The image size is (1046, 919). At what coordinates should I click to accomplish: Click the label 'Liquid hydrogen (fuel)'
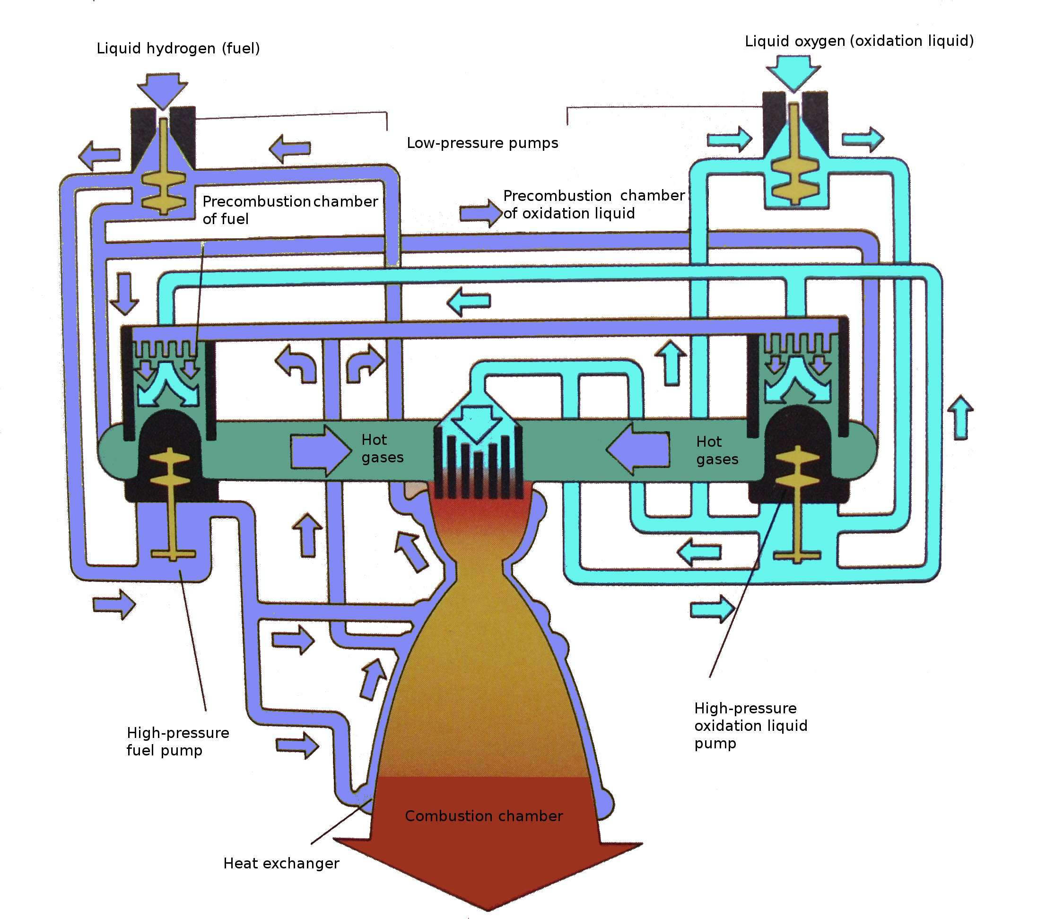[x=178, y=48]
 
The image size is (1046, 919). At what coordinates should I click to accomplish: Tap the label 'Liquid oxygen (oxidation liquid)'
[x=859, y=41]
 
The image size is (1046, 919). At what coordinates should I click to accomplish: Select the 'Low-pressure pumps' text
[x=482, y=143]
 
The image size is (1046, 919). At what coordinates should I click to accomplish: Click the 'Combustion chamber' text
[x=484, y=815]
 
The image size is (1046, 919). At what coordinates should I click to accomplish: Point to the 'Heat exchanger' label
[x=281, y=864]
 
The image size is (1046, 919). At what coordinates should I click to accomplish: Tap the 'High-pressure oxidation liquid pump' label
[x=750, y=726]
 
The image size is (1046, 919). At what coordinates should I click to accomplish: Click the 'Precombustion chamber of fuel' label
[x=290, y=210]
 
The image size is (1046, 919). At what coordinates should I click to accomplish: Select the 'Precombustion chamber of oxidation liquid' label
[x=593, y=204]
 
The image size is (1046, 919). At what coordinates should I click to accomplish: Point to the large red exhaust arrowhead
[x=487, y=870]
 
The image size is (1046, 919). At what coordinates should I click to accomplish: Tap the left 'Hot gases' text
[x=382, y=448]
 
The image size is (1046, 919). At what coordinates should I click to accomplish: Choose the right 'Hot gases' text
[x=717, y=451]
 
